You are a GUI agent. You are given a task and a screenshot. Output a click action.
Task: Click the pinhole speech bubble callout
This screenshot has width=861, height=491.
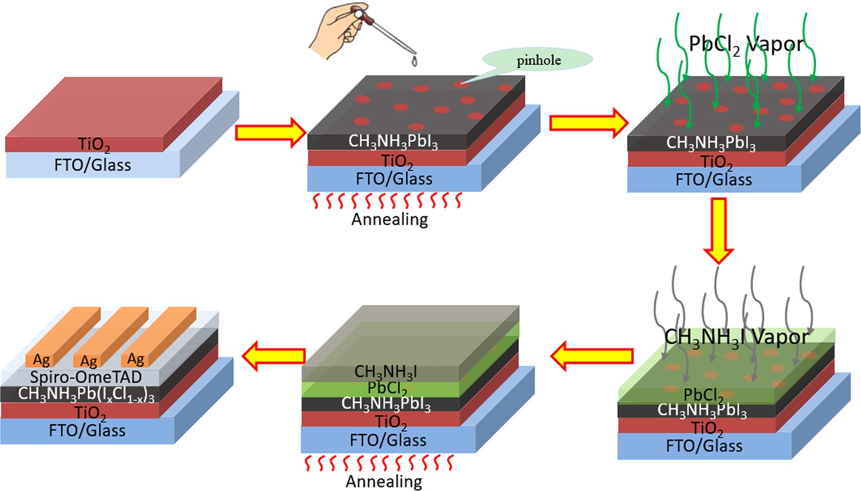point(538,60)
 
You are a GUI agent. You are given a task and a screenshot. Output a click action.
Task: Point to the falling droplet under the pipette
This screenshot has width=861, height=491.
point(414,62)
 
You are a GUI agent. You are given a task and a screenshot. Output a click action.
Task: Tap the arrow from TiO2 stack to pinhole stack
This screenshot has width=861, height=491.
point(270,132)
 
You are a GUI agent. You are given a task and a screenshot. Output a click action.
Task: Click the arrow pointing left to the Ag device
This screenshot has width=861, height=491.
point(274,355)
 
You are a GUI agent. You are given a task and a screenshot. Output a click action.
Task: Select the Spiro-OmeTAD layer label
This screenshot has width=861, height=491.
point(86,377)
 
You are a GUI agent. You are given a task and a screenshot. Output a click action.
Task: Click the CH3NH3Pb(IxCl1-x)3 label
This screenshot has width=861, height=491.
point(86,394)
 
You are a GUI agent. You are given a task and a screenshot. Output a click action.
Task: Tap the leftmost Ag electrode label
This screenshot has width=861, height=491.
point(42,360)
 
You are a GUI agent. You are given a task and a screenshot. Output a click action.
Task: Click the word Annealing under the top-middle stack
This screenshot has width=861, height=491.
point(389,219)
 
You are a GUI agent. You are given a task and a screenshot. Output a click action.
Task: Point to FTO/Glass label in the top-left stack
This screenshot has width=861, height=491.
point(92,165)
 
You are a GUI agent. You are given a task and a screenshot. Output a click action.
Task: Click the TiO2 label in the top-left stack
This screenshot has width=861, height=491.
point(94,144)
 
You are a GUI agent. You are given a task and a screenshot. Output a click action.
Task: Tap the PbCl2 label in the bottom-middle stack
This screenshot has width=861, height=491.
point(387,388)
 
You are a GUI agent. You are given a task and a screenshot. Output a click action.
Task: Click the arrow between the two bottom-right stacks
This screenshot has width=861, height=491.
point(592,355)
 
